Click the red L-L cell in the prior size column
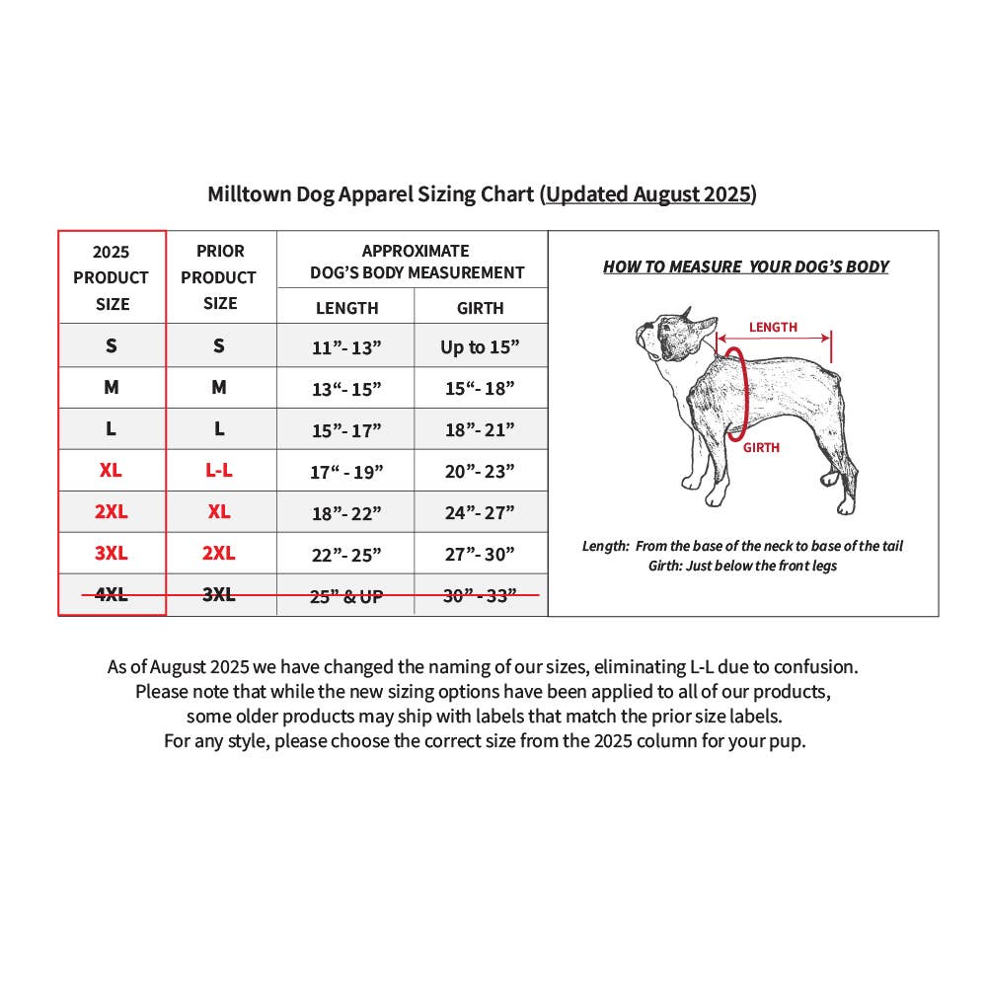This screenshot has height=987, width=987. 219,470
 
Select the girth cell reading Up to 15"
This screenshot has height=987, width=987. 480,346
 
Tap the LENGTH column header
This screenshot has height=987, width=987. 346,308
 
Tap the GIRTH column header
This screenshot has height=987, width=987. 481,308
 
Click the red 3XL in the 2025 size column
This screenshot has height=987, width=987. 112,553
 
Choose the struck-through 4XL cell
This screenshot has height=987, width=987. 112,594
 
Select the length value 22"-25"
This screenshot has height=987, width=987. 346,555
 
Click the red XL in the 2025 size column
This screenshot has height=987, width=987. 111,470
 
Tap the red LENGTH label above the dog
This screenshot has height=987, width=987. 773,328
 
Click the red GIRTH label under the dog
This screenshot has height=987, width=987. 761,447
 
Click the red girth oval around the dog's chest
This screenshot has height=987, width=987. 746,394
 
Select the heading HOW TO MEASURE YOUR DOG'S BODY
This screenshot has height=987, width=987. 746,266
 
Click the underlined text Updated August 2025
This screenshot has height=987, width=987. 648,193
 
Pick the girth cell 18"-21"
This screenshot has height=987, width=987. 480,430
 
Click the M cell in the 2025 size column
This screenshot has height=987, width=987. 112,387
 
